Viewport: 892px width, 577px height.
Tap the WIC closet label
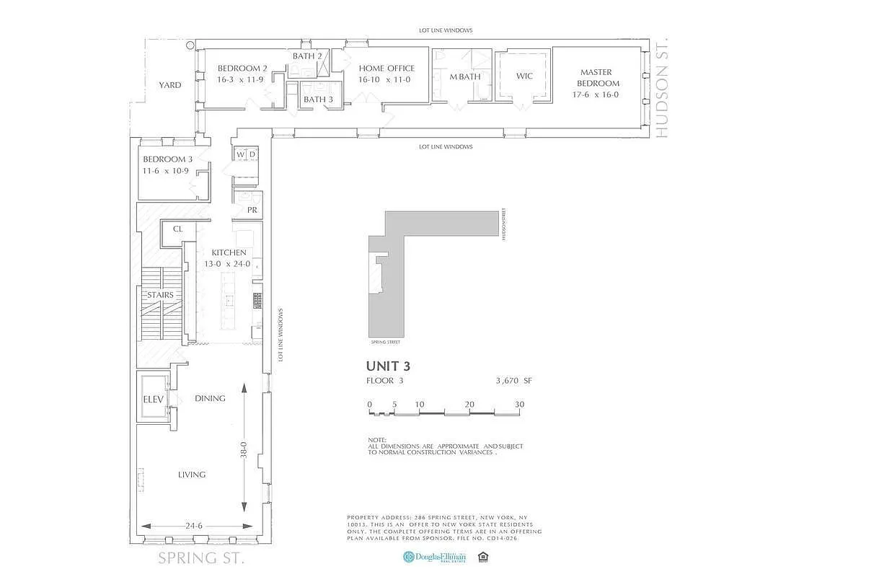click(x=524, y=76)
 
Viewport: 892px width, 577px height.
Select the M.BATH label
click(x=464, y=76)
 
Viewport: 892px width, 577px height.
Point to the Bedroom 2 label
click(x=237, y=69)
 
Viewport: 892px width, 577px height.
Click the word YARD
click(x=170, y=85)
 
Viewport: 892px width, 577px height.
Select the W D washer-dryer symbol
click(x=246, y=154)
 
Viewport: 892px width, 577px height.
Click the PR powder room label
click(x=252, y=211)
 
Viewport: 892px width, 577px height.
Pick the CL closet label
click(x=177, y=230)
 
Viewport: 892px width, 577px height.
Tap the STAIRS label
click(x=160, y=295)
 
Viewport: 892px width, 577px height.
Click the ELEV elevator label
click(x=154, y=399)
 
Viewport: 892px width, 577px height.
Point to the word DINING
click(x=210, y=398)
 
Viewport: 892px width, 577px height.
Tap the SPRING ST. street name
click(x=201, y=558)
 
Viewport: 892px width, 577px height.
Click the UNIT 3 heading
click(x=388, y=366)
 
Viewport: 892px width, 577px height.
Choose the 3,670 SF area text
click(x=513, y=381)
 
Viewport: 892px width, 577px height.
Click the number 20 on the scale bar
click(x=469, y=405)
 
